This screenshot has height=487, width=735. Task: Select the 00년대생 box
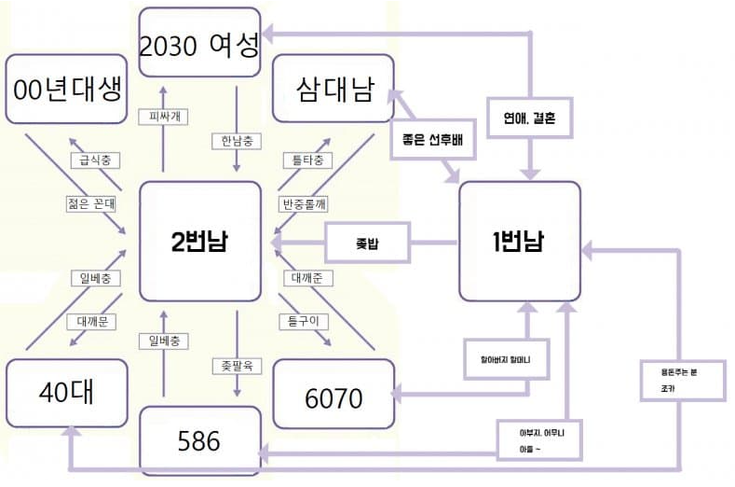point(66,90)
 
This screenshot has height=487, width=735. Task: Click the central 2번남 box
point(200,242)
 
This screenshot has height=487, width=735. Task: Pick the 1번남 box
point(520,242)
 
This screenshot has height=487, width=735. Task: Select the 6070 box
point(333,397)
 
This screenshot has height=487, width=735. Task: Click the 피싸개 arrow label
point(163,117)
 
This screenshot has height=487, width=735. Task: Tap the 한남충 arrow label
point(238,141)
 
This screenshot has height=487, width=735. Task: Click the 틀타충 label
point(306,160)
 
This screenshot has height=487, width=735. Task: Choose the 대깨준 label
point(306,277)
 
